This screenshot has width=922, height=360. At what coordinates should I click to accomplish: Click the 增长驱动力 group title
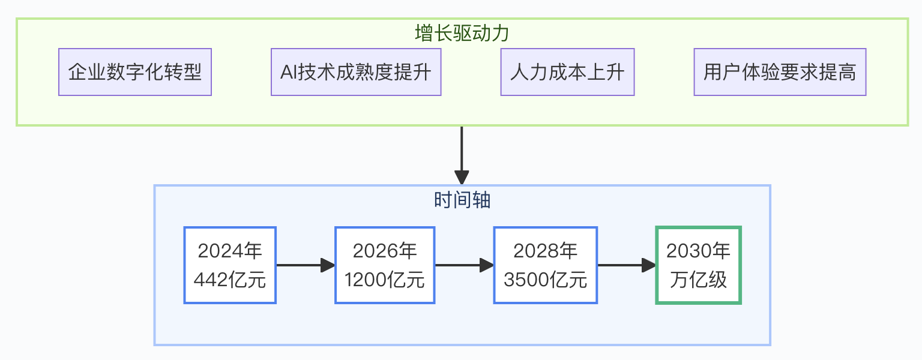coord(462,33)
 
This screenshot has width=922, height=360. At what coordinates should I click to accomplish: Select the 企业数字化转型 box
coord(135,73)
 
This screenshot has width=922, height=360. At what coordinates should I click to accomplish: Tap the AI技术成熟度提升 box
coord(356,73)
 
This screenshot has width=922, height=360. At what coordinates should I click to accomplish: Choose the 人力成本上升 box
coord(567,73)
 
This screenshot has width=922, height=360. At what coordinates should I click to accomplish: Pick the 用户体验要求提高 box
coord(780,73)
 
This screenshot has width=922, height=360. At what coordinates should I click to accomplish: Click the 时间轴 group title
coord(462,200)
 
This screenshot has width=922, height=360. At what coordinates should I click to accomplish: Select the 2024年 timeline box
coord(230,265)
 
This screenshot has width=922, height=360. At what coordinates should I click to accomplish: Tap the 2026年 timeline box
coord(385,265)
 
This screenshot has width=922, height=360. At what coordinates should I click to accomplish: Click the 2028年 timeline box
coord(545,265)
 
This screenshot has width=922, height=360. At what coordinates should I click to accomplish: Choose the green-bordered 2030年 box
coord(698,265)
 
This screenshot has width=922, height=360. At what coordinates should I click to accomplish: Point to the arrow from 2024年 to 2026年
coord(305,265)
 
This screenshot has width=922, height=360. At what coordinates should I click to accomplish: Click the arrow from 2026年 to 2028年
coord(464,265)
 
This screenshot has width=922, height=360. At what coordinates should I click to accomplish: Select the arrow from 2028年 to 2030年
coord(627,265)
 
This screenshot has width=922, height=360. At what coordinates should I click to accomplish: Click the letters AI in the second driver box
coord(288,73)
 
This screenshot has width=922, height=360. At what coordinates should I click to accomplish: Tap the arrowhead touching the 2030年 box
coord(649,265)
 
